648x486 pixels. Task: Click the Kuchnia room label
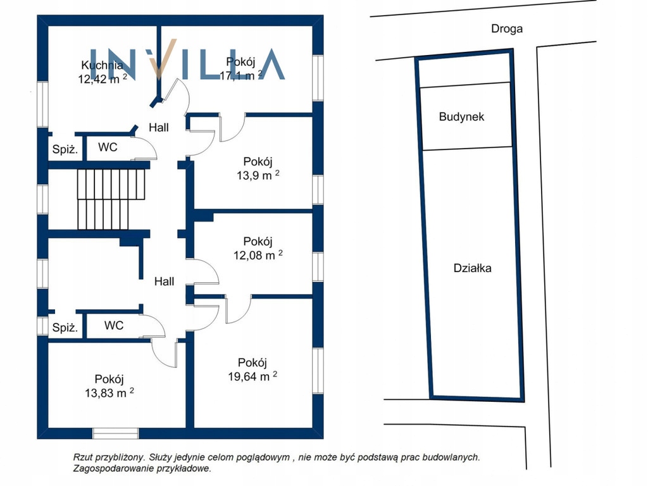pos(102,65)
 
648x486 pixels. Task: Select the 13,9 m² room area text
pos(258,175)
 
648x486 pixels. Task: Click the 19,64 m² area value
pos(252,376)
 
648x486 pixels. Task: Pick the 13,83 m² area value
pos(109,392)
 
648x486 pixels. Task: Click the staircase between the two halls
pos(111,199)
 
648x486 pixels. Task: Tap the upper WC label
pos(108,147)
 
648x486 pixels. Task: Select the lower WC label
pos(114,325)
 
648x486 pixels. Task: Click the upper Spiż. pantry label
pos(65,149)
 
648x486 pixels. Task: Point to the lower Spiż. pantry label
pos(65,328)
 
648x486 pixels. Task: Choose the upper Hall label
pos(159,127)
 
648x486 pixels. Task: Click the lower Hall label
pos(164,282)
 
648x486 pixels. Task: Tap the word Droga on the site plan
pos(507,28)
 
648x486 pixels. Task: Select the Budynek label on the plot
pos(461,116)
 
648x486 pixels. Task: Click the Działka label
pos(472,268)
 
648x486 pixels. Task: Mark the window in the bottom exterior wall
pos(115,433)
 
